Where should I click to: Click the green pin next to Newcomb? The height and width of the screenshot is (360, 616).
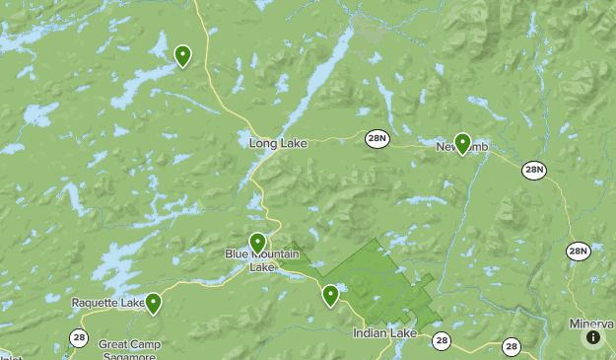click(461, 143)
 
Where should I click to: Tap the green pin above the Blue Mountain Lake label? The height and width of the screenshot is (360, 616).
click(257, 242)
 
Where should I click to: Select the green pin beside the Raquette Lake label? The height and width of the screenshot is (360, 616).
click(153, 302)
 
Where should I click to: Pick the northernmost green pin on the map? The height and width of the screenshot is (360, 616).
click(182, 55)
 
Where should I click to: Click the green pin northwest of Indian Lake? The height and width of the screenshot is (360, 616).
click(330, 294)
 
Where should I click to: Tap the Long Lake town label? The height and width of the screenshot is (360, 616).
click(278, 144)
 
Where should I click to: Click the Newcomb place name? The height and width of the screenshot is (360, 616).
click(461, 149)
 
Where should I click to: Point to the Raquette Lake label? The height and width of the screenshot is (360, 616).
click(107, 303)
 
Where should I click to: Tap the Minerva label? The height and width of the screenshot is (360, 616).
click(591, 324)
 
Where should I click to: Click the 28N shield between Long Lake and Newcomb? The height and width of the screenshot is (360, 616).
click(376, 137)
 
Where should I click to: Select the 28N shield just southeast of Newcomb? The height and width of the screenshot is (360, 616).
click(534, 171)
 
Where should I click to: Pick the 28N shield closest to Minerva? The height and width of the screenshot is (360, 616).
click(578, 252)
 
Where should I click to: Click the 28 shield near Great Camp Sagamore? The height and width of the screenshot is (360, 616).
click(79, 338)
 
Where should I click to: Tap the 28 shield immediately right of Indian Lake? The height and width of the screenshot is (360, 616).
click(441, 340)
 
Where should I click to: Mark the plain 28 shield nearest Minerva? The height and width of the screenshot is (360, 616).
click(511, 346)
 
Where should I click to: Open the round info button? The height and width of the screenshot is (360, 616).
click(593, 337)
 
